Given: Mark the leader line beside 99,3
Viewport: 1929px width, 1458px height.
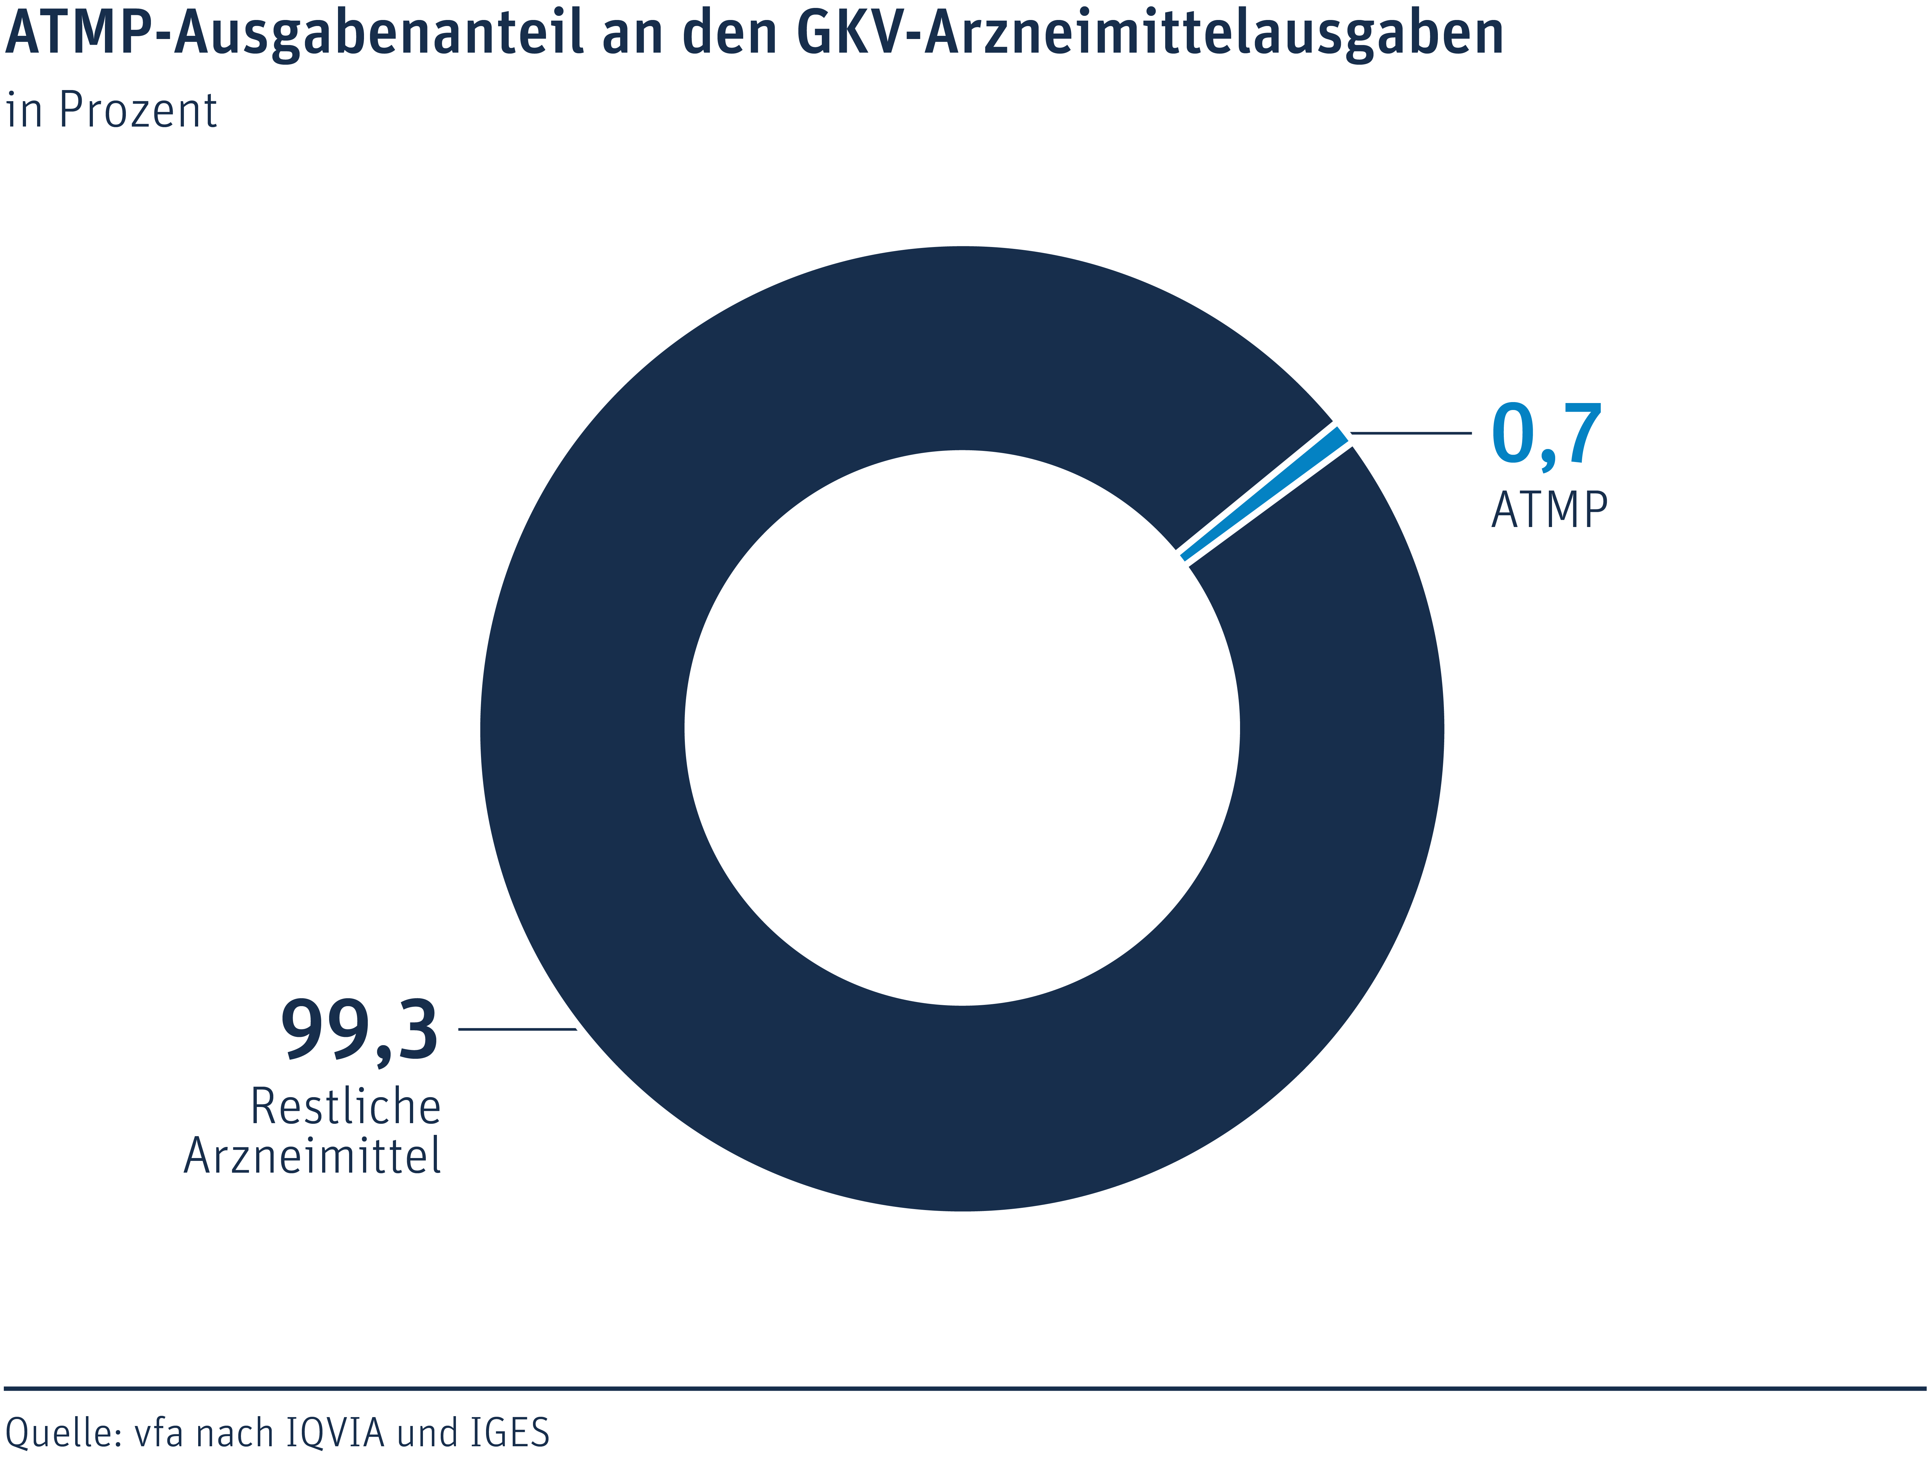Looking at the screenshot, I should point(517,1029).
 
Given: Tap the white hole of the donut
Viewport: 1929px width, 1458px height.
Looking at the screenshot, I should point(962,728).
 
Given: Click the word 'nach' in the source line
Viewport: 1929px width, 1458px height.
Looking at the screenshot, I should point(234,1433).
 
